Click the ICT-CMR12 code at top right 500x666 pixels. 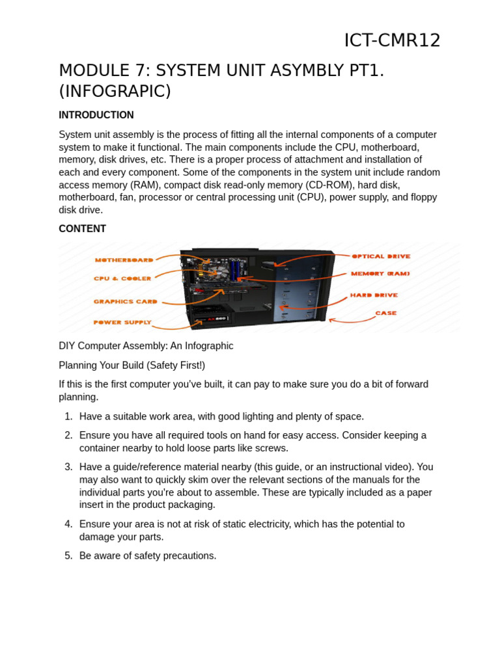(x=392, y=40)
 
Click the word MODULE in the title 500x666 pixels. (x=91, y=70)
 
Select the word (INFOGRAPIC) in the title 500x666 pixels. (x=115, y=91)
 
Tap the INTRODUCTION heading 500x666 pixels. (x=96, y=115)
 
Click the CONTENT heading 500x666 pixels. (x=82, y=229)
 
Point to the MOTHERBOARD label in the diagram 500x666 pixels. (x=124, y=260)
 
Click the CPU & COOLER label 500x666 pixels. (x=122, y=278)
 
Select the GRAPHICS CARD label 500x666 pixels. (x=126, y=302)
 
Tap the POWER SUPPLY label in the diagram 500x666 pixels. (x=122, y=323)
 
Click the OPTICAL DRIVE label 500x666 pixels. (x=381, y=256)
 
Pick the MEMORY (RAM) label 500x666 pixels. (x=380, y=274)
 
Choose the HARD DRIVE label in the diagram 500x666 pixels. (x=374, y=295)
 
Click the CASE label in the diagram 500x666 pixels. (x=385, y=313)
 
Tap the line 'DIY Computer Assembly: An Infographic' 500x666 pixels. (x=146, y=346)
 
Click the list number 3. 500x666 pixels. (x=68, y=467)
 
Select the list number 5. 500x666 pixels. (x=68, y=556)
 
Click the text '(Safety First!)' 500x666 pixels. (x=176, y=366)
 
